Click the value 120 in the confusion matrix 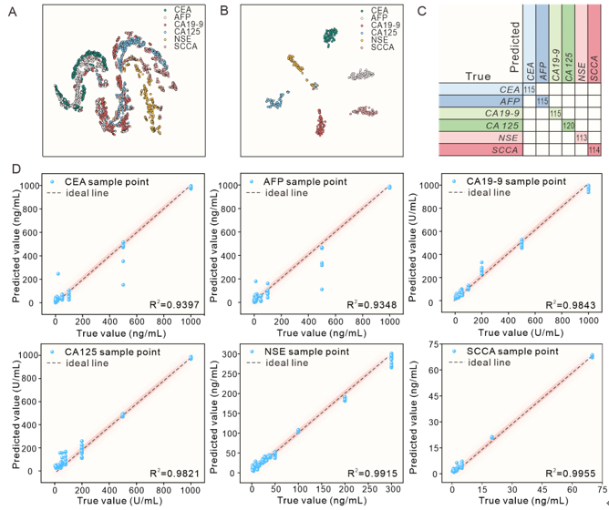point(568,125)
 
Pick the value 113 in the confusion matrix point(581,138)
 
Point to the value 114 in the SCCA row point(594,149)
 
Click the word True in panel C point(475,76)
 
